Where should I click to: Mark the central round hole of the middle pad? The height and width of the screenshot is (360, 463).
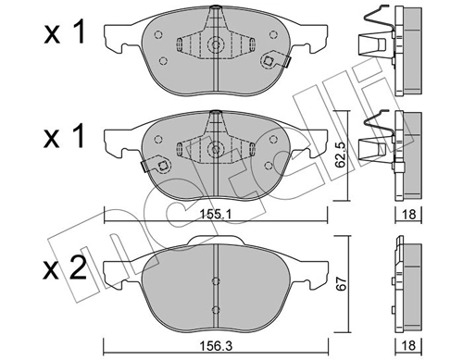pyautogui.click(x=216, y=148)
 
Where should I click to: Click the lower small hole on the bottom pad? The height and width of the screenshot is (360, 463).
pyautogui.click(x=216, y=311)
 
